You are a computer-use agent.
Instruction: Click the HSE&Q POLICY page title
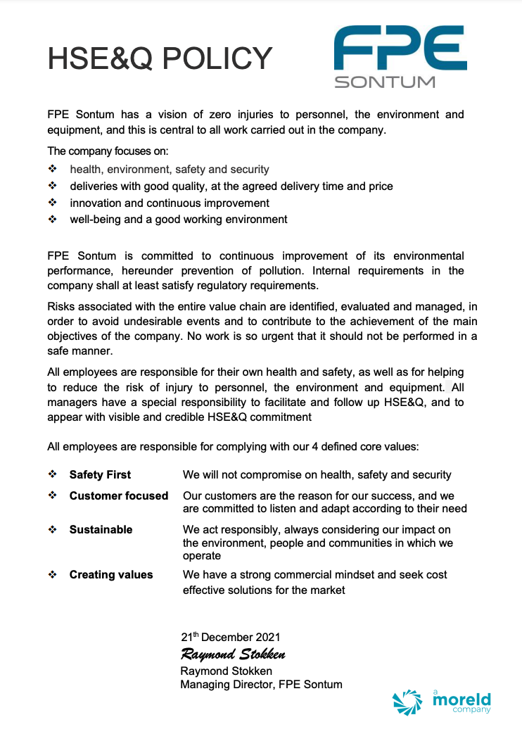tap(160, 58)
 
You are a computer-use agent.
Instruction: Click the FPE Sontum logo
tap(400, 56)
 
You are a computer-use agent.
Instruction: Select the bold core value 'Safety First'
tap(100, 475)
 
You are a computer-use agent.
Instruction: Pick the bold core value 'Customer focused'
tap(118, 496)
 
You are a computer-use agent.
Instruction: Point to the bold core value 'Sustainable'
tap(101, 530)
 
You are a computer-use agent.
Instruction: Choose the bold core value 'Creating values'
tap(110, 575)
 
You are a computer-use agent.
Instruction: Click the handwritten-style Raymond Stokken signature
tap(233, 654)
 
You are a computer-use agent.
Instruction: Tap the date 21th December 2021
tap(231, 638)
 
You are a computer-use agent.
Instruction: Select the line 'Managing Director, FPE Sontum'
tap(261, 684)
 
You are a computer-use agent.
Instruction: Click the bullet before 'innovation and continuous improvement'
tap(52, 203)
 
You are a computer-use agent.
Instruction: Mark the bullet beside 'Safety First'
tap(52, 475)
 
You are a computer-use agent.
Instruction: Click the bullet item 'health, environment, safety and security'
tap(170, 170)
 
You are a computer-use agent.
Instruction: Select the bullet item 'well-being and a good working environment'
tap(179, 220)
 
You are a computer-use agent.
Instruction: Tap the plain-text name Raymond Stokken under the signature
tap(226, 671)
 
